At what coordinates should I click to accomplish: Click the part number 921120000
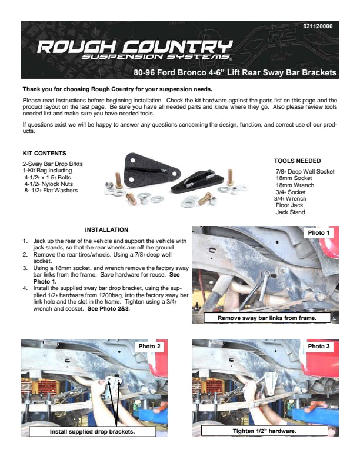click(x=318, y=26)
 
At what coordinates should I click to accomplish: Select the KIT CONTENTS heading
click(x=45, y=154)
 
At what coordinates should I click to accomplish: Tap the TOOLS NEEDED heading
click(x=297, y=161)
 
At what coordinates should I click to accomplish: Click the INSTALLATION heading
click(x=106, y=229)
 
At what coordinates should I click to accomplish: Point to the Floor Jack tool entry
click(x=289, y=205)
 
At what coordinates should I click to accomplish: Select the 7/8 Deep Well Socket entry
click(x=305, y=171)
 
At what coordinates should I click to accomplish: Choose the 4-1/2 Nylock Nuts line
click(x=48, y=184)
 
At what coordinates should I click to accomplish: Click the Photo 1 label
click(x=319, y=232)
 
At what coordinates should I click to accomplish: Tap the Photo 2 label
click(x=149, y=346)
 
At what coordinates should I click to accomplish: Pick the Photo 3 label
click(x=319, y=346)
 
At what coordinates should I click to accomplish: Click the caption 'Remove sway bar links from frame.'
click(x=267, y=318)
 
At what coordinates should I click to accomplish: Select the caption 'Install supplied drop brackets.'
click(x=92, y=431)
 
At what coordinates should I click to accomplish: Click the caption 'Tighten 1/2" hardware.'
click(x=264, y=431)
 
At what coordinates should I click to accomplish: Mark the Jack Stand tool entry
click(x=290, y=212)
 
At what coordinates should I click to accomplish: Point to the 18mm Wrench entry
click(x=295, y=185)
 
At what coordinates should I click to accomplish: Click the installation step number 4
click(x=25, y=288)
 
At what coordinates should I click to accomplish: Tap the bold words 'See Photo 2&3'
click(x=108, y=308)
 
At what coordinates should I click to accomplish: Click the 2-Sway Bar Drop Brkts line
click(x=52, y=164)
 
